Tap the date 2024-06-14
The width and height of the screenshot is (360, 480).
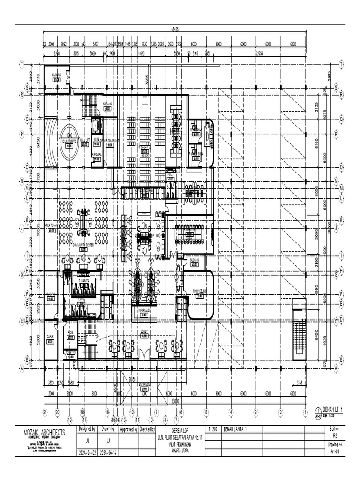(108, 453)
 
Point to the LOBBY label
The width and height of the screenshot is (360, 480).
(144, 331)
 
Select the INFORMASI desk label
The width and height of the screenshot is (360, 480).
(144, 310)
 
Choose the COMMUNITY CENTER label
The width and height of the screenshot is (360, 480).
(83, 244)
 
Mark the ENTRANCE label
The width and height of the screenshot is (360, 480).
(144, 384)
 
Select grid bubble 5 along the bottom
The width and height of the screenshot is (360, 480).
(206, 412)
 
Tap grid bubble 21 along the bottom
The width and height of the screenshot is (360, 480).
(45, 412)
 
